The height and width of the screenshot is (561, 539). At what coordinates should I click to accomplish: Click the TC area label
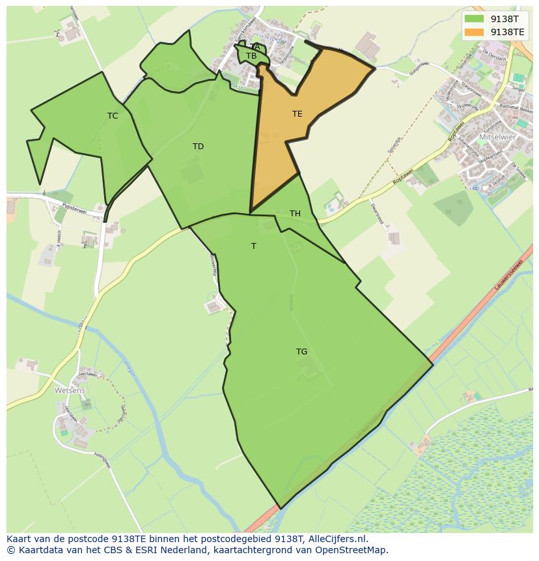(x=113, y=116)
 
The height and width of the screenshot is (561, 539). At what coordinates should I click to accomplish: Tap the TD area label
(x=198, y=147)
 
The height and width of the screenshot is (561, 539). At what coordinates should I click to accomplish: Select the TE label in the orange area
(x=297, y=114)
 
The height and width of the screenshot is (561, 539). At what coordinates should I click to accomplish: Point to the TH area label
(x=295, y=214)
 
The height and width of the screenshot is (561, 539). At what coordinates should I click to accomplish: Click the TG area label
(x=301, y=352)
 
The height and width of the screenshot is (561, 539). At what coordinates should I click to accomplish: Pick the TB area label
(x=251, y=56)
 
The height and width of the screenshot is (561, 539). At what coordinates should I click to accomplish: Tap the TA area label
(x=255, y=47)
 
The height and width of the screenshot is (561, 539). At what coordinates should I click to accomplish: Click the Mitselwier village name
(x=497, y=137)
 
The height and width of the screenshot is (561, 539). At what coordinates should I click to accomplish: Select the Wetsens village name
(x=70, y=390)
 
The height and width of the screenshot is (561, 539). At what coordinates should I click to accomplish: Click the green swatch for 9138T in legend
(x=475, y=19)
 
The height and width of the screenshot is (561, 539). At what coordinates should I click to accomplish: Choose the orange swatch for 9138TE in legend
(x=475, y=31)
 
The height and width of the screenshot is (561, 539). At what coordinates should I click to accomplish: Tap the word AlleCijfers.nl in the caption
(x=337, y=539)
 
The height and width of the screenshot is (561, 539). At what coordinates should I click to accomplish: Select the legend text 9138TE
(x=507, y=31)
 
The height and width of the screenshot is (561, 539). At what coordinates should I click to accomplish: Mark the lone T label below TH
(x=254, y=246)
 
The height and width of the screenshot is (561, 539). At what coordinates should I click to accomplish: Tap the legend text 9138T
(x=504, y=19)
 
